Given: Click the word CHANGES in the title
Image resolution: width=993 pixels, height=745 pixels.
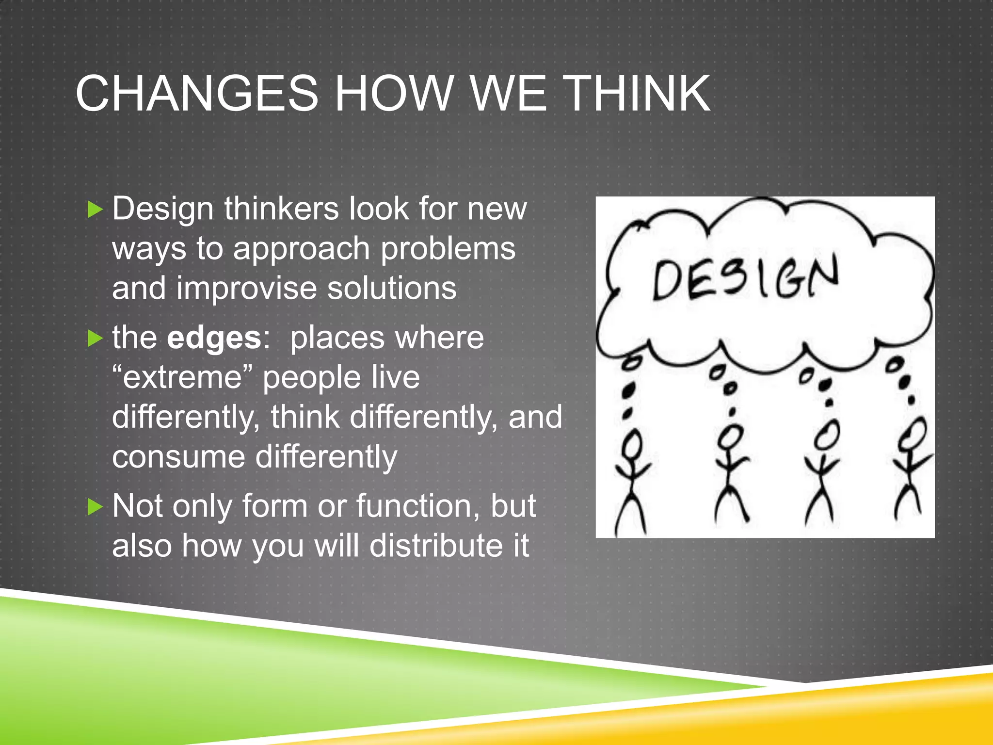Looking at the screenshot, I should click(196, 93).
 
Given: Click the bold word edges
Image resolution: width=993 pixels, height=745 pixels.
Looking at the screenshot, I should click(214, 338).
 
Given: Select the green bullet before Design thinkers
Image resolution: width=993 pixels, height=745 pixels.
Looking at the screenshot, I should click(96, 210).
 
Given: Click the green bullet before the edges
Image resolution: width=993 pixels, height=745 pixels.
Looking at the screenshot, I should click(96, 339).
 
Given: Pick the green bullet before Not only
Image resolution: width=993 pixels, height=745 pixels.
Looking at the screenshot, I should click(96, 507).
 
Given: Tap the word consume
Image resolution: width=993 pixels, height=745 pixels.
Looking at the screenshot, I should click(178, 457).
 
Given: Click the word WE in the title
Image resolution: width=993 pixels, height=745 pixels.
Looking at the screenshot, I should click(509, 93).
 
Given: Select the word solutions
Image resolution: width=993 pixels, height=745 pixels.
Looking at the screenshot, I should click(392, 288).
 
